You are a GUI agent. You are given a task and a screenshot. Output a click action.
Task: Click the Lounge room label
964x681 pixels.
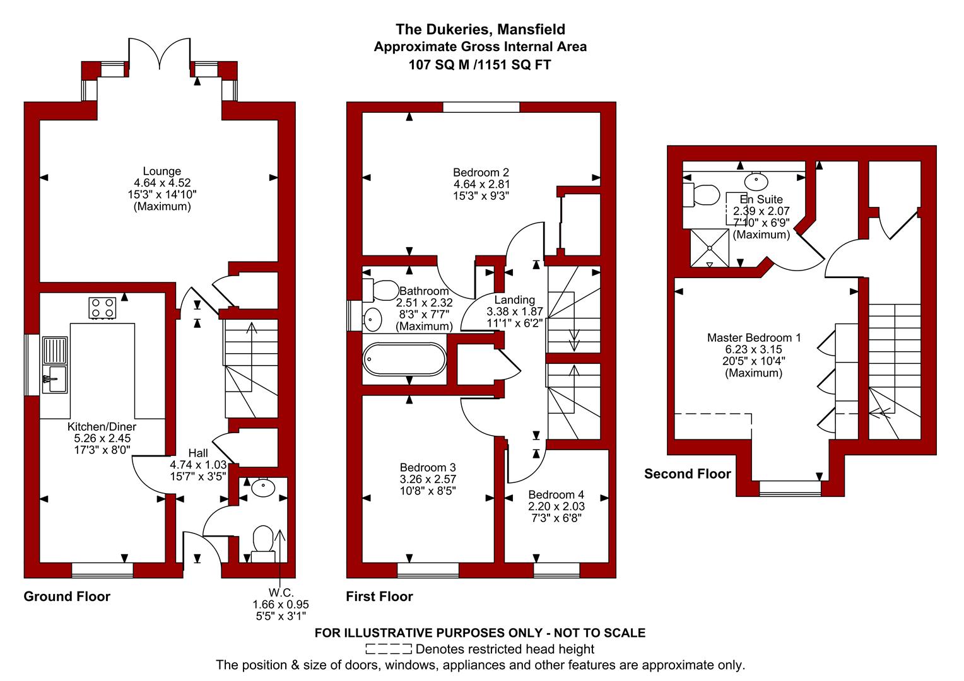(162, 172)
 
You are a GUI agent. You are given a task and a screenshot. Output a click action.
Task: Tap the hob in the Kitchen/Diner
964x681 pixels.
(102, 308)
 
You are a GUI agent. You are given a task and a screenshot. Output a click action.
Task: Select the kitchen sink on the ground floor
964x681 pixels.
(55, 365)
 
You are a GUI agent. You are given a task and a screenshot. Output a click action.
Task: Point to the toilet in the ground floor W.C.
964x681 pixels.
(263, 544)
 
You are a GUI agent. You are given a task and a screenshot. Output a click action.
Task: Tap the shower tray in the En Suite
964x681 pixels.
(710, 248)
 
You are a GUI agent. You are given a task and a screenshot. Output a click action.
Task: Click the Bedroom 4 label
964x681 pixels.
(556, 495)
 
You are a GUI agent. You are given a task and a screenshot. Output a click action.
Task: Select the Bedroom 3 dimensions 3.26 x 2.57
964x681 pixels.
(428, 479)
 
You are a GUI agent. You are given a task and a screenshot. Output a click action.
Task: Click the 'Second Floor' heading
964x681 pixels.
(687, 474)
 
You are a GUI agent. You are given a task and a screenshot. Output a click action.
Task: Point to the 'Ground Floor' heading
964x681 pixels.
(67, 597)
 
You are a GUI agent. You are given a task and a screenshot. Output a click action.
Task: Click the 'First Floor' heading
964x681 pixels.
(379, 597)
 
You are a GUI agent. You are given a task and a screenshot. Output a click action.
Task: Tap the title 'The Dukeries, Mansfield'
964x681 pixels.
(480, 29)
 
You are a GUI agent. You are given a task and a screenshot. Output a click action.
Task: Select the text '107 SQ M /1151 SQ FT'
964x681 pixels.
(480, 65)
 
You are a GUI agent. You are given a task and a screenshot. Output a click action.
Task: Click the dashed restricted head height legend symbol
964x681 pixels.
(389, 649)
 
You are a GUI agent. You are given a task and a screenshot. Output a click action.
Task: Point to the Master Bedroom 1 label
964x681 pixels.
(753, 338)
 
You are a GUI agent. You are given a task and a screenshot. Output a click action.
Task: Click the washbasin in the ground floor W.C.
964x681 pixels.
(263, 487)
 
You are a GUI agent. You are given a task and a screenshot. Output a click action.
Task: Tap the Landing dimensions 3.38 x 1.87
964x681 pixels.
(515, 311)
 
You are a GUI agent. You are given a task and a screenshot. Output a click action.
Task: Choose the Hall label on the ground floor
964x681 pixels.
(198, 453)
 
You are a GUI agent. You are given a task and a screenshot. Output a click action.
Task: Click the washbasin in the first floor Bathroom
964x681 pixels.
(372, 319)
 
